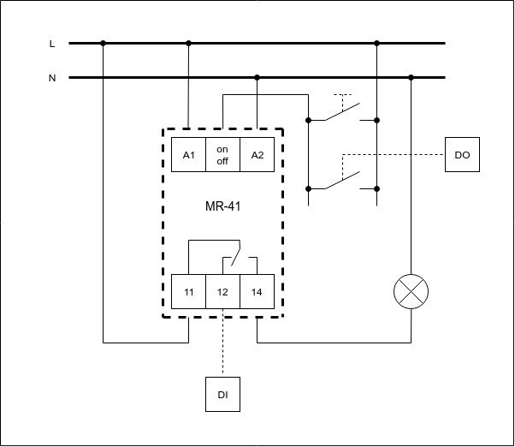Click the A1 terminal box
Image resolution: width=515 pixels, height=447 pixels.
click(x=188, y=154)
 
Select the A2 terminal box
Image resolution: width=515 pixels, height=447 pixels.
click(x=257, y=154)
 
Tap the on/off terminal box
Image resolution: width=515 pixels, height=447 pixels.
click(x=222, y=154)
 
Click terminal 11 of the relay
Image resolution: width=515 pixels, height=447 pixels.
click(x=188, y=292)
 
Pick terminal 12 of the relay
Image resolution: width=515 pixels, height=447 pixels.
click(x=222, y=292)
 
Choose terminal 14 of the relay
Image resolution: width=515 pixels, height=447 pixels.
click(x=257, y=292)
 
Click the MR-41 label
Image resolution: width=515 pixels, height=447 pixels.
click(x=222, y=206)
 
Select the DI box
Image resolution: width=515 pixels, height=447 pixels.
click(x=222, y=395)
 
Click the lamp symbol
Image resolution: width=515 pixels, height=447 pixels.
click(x=411, y=292)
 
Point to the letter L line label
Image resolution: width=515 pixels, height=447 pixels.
click(x=52, y=43)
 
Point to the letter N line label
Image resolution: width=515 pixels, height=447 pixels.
click(x=52, y=78)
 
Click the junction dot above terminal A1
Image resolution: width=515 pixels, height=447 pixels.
click(x=188, y=43)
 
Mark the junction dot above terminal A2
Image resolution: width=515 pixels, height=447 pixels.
click(x=257, y=77)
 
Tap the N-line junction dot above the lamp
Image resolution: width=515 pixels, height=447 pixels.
click(x=411, y=77)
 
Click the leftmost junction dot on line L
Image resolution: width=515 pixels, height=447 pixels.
click(x=103, y=43)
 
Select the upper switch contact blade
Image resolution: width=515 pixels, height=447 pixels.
click(x=342, y=113)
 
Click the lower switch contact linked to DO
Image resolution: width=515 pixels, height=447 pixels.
click(x=342, y=180)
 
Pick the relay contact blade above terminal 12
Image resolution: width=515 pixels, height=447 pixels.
click(x=232, y=254)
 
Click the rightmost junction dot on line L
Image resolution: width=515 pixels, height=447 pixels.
click(x=376, y=43)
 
